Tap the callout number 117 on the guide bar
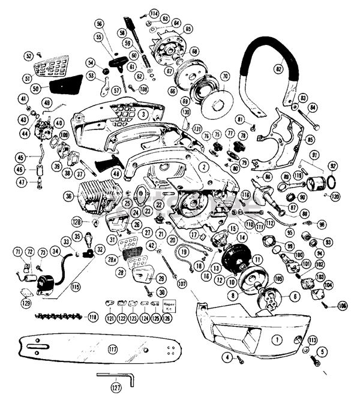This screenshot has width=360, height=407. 113,348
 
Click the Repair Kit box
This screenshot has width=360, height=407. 167,305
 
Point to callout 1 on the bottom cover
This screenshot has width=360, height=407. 277,339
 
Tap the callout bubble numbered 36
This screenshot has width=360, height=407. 69,196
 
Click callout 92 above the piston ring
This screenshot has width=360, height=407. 333,166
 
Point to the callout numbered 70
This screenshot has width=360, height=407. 224,77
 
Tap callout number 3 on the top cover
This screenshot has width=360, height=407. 143,114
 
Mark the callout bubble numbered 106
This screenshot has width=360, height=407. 326,306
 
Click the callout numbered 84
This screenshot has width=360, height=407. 313,108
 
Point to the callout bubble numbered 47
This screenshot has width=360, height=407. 22,182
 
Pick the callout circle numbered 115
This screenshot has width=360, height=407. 76,287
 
